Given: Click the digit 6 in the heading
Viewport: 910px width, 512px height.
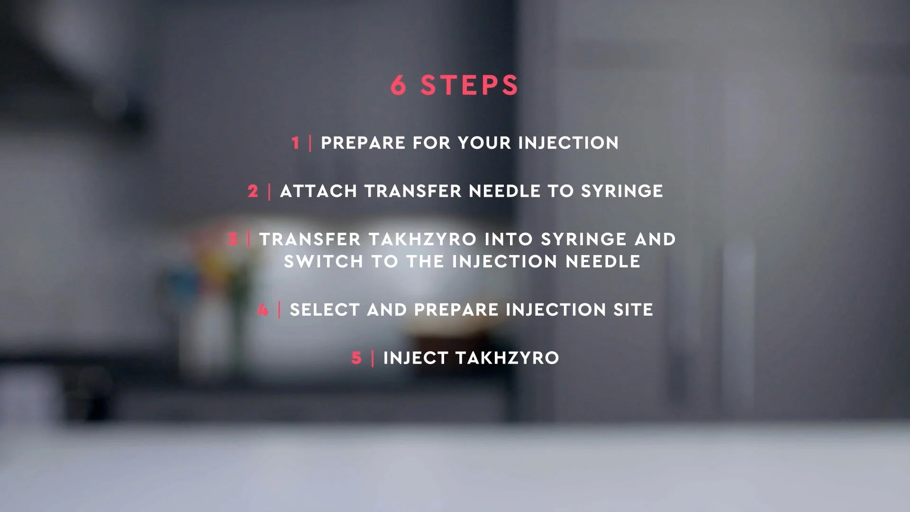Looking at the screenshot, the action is (x=398, y=85).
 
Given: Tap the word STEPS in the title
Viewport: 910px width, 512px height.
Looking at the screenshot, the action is (x=470, y=85).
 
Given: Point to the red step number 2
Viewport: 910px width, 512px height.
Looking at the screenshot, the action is (x=253, y=191).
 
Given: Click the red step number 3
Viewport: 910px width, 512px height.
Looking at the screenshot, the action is (x=233, y=239).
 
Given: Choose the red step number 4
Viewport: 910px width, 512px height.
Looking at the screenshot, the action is (x=263, y=310).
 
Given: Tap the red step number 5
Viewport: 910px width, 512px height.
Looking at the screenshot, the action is (x=356, y=358).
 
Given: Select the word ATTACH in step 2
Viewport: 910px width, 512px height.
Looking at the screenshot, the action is (x=318, y=191).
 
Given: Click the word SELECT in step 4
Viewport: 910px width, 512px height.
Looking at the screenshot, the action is (x=325, y=310).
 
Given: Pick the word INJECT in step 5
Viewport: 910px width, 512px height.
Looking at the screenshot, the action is (x=416, y=358).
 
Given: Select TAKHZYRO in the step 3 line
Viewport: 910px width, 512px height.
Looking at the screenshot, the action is (x=422, y=239).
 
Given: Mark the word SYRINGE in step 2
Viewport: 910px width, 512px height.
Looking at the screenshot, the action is (x=622, y=191).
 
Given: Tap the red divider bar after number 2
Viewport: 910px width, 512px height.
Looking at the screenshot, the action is (x=270, y=191).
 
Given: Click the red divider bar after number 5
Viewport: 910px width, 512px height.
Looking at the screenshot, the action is (x=373, y=358).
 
